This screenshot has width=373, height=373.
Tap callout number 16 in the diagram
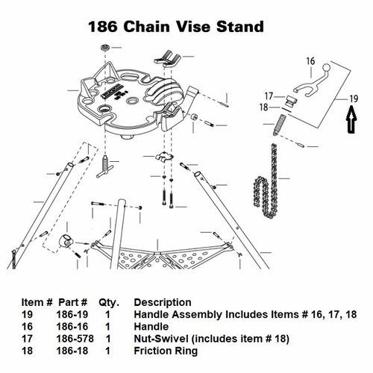(x=311, y=62)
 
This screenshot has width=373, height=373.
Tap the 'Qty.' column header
(x=110, y=302)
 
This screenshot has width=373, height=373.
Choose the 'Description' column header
(x=162, y=302)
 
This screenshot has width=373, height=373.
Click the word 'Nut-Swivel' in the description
(x=158, y=338)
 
